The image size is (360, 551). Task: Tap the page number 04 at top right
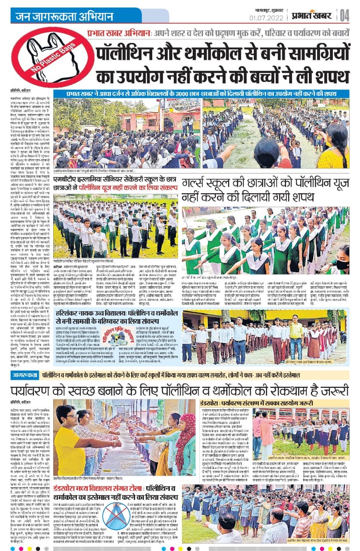pos(344,15)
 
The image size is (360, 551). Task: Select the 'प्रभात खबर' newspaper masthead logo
pos(313,15)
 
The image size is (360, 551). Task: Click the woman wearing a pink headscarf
pos(185,443)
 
